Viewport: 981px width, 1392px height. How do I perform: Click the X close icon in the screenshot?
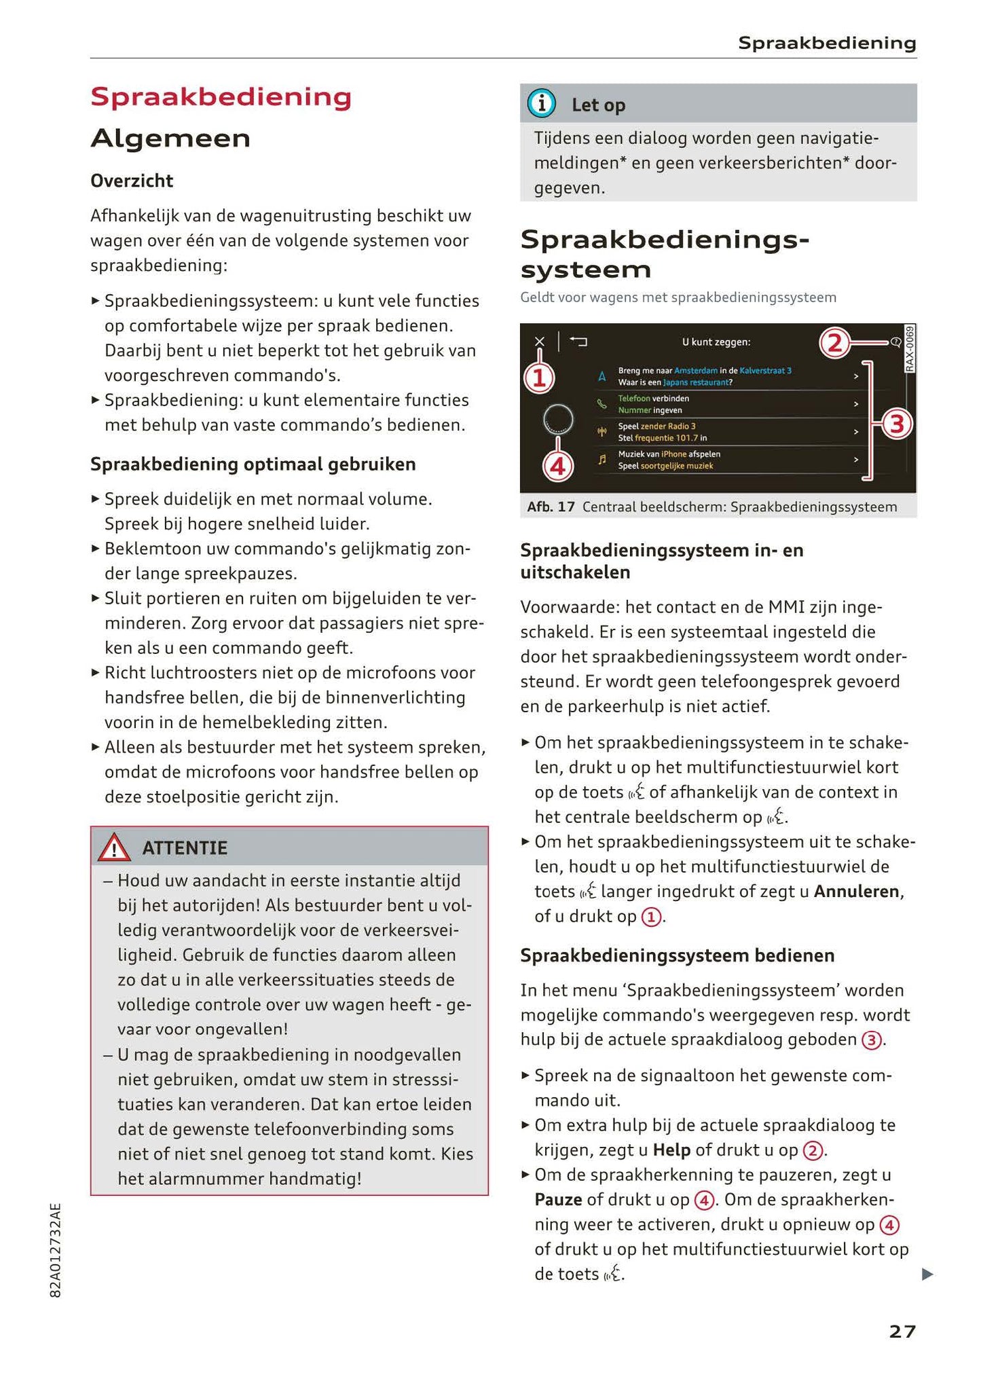(x=539, y=342)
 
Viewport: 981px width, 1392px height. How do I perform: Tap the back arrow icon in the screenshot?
(x=578, y=342)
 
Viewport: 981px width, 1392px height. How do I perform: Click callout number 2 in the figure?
(x=834, y=343)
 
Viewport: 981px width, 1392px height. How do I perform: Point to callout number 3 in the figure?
(x=897, y=424)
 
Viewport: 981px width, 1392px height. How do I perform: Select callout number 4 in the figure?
(x=558, y=466)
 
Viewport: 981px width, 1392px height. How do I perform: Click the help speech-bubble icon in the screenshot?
(x=895, y=342)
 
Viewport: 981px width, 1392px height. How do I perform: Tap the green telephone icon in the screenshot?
(x=601, y=404)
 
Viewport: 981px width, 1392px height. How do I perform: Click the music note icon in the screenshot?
(x=601, y=460)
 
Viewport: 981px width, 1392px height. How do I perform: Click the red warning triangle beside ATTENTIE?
(x=114, y=847)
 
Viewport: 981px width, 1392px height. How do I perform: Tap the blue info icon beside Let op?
(x=542, y=104)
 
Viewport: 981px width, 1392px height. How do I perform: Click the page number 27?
(x=902, y=1332)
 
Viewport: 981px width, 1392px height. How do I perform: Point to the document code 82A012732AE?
(x=56, y=1250)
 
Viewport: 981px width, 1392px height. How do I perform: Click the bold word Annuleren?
(x=857, y=892)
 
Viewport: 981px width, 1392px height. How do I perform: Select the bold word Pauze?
(x=558, y=1200)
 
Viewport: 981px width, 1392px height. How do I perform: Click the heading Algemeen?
(x=170, y=139)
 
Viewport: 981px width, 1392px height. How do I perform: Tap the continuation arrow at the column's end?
(x=927, y=1275)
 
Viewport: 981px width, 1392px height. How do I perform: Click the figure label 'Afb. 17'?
(x=551, y=507)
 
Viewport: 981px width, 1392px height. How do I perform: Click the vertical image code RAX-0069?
(x=910, y=348)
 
